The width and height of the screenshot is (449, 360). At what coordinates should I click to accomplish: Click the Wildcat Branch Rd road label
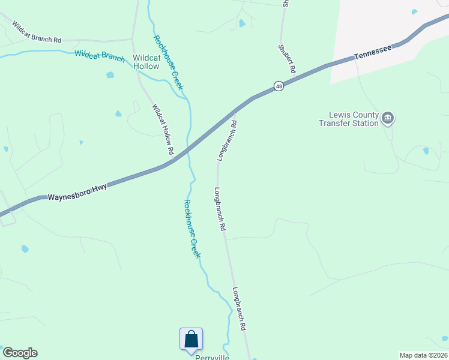[37, 32]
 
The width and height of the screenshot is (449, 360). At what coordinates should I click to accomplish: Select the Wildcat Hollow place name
[146, 62]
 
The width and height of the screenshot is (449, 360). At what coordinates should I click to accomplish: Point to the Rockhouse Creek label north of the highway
[169, 62]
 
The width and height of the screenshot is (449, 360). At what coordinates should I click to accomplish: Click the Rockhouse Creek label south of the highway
[192, 229]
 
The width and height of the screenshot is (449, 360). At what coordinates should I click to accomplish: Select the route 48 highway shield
[279, 86]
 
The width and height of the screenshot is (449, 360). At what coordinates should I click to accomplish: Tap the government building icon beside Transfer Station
[388, 118]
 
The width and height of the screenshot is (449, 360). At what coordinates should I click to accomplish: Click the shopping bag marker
[191, 339]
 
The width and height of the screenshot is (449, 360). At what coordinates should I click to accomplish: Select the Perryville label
[212, 357]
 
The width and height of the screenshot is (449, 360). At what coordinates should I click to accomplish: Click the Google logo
[20, 353]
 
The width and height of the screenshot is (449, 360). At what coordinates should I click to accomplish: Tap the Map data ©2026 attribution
[423, 355]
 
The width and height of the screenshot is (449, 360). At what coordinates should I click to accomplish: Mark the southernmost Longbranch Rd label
[240, 309]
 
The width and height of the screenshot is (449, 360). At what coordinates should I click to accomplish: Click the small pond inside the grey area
[415, 11]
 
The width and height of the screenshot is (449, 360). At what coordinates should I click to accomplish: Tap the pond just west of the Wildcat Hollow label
[110, 75]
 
